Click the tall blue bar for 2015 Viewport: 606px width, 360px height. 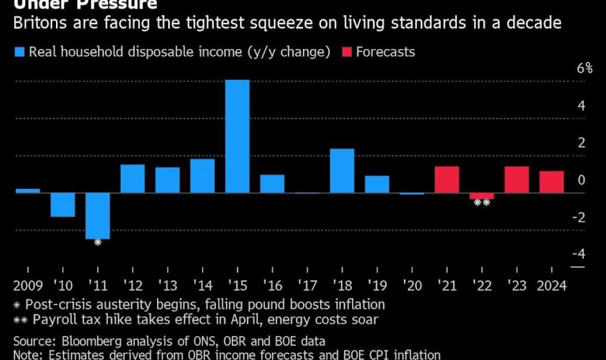(238, 136)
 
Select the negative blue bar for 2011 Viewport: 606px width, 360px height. (98, 215)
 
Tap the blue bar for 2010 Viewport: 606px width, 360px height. (63, 204)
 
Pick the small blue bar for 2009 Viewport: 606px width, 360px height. (28, 190)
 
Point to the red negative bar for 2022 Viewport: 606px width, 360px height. (481, 196)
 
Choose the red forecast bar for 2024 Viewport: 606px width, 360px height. (552, 182)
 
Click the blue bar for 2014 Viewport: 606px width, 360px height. (202, 175)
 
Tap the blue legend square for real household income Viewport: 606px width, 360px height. (18, 52)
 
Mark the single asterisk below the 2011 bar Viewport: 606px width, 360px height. (98, 242)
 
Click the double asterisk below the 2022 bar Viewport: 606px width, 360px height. (481, 204)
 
